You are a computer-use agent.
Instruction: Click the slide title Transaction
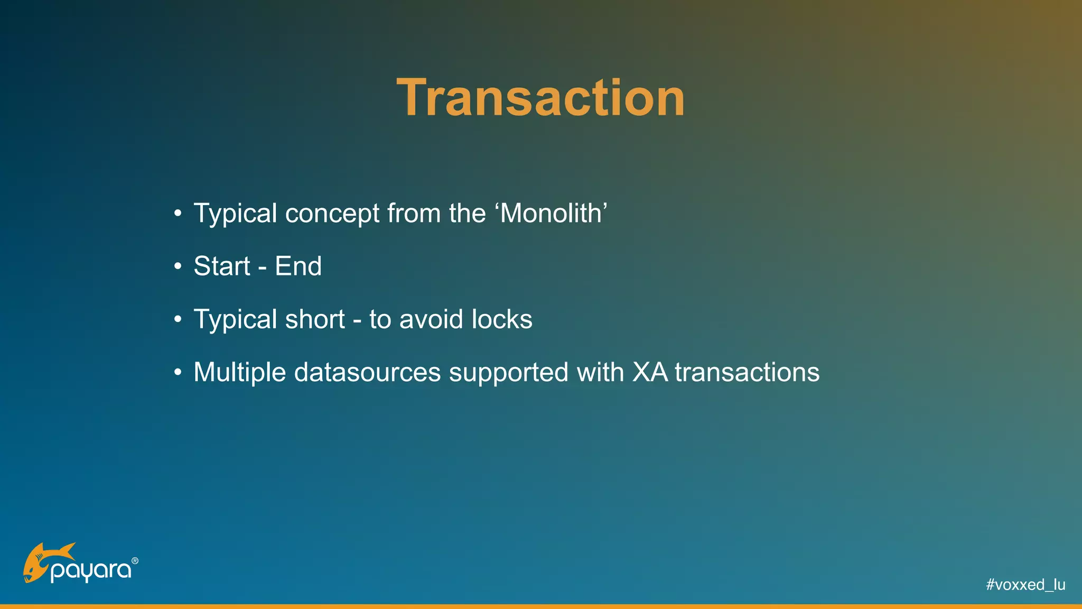point(540,98)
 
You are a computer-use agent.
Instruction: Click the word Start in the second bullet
point(221,266)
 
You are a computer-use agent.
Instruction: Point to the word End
point(298,266)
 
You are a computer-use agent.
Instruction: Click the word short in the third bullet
point(314,319)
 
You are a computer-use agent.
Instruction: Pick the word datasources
point(367,372)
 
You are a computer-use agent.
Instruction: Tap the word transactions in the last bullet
point(747,372)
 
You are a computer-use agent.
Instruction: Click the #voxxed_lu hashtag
point(1025,585)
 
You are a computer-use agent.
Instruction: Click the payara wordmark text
point(91,571)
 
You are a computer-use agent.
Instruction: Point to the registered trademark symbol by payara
point(135,561)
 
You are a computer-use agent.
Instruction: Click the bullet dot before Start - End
point(178,266)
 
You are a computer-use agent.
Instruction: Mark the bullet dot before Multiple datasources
point(178,373)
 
